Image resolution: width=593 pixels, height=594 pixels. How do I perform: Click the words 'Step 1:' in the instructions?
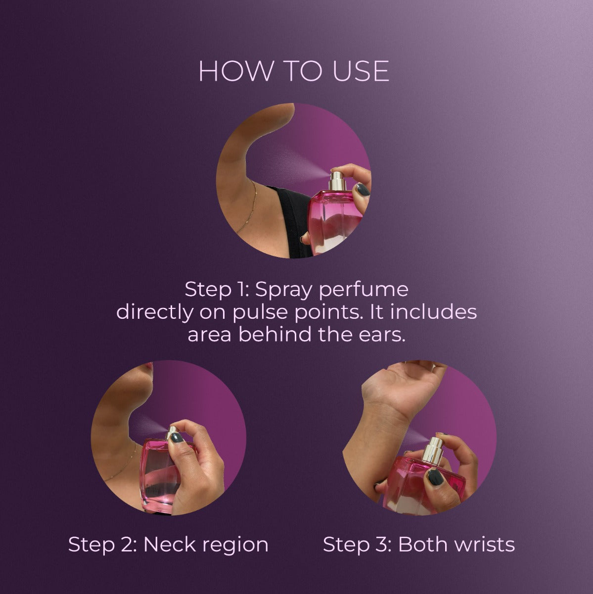click(217, 290)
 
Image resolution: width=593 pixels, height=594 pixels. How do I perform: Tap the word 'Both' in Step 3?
click(423, 544)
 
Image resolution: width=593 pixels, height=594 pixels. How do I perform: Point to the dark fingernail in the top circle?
click(363, 189)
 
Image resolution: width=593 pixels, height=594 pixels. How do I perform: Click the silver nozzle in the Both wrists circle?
click(434, 450)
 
